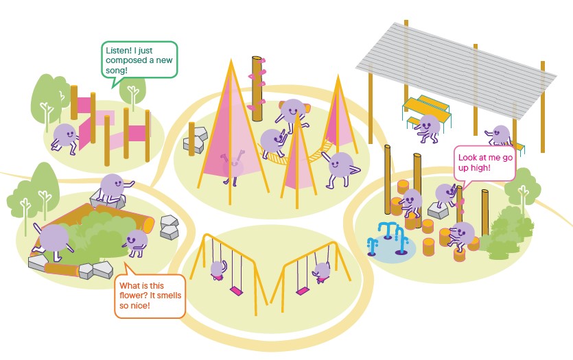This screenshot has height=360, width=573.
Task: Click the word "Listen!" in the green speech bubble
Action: [x=119, y=50]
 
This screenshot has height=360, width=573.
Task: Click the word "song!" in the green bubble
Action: [x=117, y=71]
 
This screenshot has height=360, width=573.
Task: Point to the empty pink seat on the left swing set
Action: [x=235, y=290]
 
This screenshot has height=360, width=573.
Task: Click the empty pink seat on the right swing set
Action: [x=302, y=291]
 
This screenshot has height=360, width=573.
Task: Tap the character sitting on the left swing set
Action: [x=218, y=269]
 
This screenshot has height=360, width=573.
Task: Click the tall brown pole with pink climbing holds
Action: [x=258, y=89]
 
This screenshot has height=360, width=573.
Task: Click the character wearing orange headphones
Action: [x=293, y=112]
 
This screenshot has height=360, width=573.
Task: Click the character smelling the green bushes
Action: [x=137, y=241]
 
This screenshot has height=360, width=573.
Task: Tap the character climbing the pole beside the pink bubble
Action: [x=447, y=195]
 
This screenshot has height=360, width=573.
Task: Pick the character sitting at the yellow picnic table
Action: [x=429, y=127]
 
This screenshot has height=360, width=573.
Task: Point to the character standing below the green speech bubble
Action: [x=65, y=136]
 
